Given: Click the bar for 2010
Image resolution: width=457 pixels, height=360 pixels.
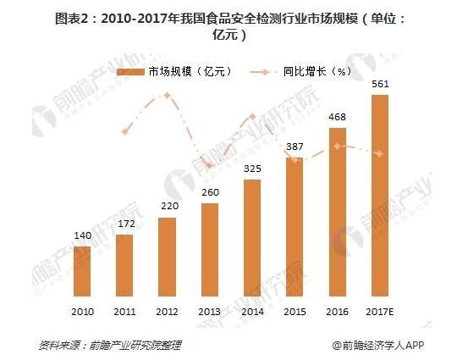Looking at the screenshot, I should coord(82,272).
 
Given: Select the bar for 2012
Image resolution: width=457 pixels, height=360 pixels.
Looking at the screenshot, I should coord(167,258).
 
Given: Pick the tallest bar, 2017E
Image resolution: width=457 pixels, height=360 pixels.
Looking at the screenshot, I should coord(380,196).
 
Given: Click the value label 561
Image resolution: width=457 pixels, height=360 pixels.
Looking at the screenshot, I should coord(380,85).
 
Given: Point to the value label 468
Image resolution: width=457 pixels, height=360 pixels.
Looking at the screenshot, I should coord(338,119).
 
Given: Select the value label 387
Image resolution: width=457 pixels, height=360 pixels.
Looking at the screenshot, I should coord(295,147).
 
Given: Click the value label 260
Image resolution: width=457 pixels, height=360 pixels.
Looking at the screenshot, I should coord(210,192).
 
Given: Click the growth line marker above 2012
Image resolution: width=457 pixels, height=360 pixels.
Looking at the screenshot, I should coord(167,95).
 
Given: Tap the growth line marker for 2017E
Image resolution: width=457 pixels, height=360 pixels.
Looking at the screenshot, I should coord(380,153).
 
